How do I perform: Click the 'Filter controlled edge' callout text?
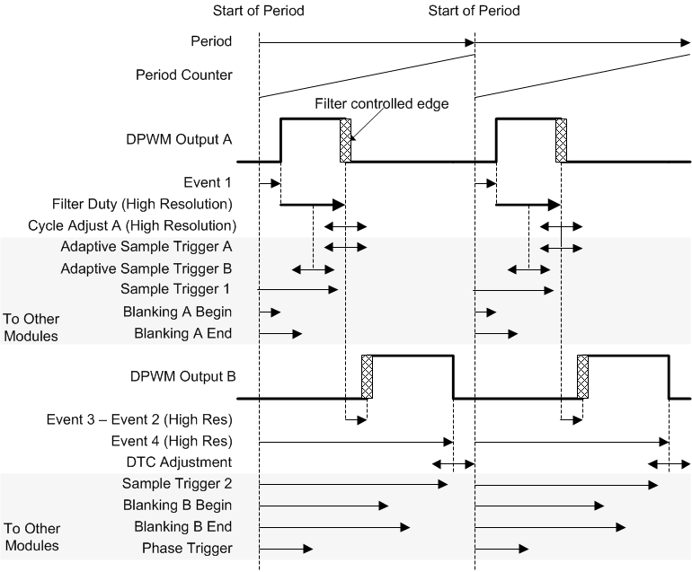point(381,104)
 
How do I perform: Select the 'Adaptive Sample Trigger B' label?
point(146,268)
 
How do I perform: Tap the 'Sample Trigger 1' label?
point(176,289)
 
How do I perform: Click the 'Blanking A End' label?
point(183,333)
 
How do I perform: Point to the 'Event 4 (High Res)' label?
point(172,441)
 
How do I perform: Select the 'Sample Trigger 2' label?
point(176,484)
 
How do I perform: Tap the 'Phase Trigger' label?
point(188,549)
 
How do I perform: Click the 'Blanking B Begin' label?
point(177,506)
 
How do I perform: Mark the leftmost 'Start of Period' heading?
point(259,11)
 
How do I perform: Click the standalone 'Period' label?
point(211,41)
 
